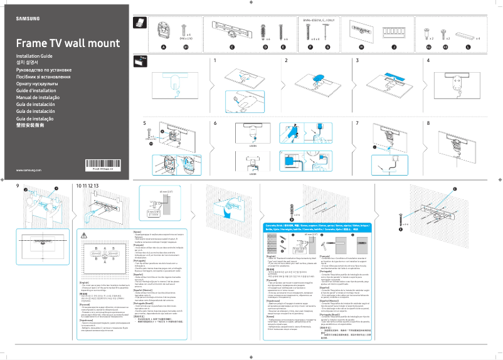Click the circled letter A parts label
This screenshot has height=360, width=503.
click(x=164, y=47)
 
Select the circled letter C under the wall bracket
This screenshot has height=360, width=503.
click(x=231, y=47)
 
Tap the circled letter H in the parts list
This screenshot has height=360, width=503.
click(x=361, y=47)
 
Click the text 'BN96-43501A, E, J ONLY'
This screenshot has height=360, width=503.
click(x=320, y=21)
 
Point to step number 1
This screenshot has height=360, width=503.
click(x=214, y=60)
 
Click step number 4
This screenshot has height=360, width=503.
click(x=428, y=60)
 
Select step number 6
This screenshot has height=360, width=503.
click(x=214, y=123)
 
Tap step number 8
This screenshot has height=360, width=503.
click(x=428, y=123)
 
